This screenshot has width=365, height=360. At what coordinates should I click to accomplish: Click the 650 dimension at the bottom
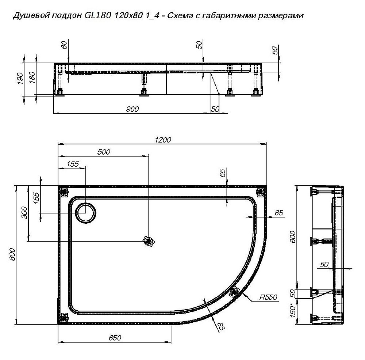(115, 338)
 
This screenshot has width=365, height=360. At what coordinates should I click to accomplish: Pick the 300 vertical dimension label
(24, 212)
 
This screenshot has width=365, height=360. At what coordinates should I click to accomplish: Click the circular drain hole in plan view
(86, 212)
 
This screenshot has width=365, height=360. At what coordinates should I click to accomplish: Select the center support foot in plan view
(149, 241)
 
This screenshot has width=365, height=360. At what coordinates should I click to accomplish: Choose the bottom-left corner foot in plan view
(65, 317)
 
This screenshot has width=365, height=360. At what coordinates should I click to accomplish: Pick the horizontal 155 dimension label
(73, 164)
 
